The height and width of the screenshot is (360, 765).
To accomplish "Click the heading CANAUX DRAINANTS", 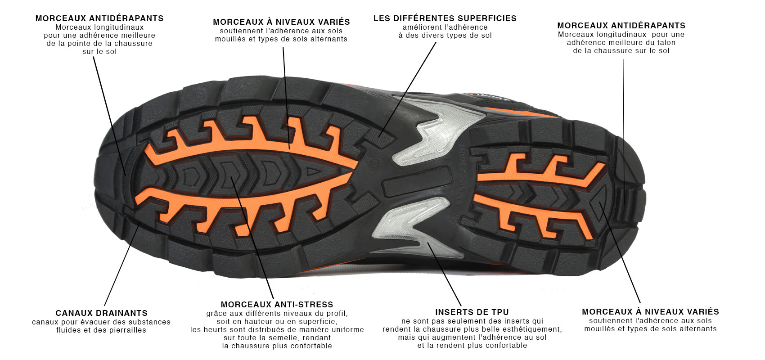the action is click(101, 313).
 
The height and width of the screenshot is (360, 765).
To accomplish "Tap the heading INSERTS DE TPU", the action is click(472, 312).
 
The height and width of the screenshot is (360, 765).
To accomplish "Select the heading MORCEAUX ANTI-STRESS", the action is click(277, 304).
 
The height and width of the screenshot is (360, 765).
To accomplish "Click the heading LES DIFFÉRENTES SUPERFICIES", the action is click(445, 18).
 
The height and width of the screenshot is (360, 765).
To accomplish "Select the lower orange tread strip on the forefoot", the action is click(239, 205).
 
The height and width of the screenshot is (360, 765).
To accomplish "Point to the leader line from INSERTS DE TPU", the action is click(444, 274).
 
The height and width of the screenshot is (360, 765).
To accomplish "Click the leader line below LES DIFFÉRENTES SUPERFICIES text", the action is click(407, 90).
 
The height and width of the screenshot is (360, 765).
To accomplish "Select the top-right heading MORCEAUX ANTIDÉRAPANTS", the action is click(621, 26).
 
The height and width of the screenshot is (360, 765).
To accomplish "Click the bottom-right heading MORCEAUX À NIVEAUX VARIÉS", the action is click(650, 312).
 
